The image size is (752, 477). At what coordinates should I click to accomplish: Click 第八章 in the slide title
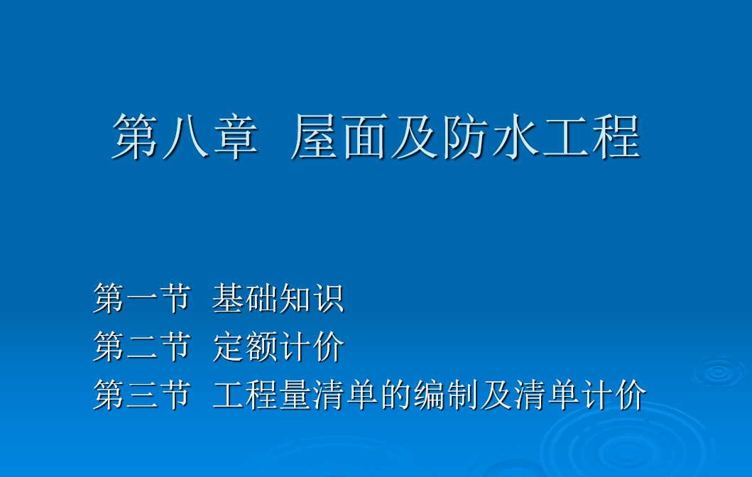(x=185, y=136)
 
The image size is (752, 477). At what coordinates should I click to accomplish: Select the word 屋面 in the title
(x=340, y=136)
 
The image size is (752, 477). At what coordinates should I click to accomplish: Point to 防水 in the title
(x=491, y=136)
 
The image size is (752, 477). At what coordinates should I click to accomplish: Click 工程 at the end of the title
(x=592, y=136)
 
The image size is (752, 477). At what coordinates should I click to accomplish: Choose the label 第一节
(x=142, y=298)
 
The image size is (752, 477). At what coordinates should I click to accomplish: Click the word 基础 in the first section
(x=245, y=298)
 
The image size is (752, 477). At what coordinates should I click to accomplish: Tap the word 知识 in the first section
(x=312, y=298)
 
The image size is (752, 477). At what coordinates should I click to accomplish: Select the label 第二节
(x=142, y=346)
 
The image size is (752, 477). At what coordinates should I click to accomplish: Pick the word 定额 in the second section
(x=245, y=346)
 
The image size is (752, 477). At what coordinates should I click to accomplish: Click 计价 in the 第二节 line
(x=312, y=346)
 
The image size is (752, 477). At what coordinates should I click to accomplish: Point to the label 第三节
(x=142, y=395)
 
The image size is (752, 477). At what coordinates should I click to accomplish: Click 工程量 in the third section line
(x=262, y=395)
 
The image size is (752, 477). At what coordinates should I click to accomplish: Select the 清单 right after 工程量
(x=346, y=395)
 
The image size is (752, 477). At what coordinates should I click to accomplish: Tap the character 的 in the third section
(x=396, y=395)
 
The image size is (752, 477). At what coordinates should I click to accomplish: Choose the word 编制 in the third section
(x=446, y=395)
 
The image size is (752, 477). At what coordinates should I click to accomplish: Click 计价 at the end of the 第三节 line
(x=614, y=395)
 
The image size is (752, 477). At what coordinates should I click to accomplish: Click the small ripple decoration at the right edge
(x=718, y=373)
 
